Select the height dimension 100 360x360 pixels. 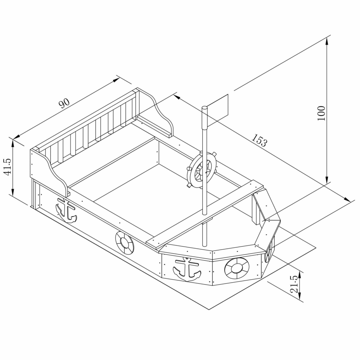(321, 113)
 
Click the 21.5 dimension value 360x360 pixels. (295, 284)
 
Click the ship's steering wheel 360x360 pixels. (202, 170)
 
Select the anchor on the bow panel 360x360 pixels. (186, 270)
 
